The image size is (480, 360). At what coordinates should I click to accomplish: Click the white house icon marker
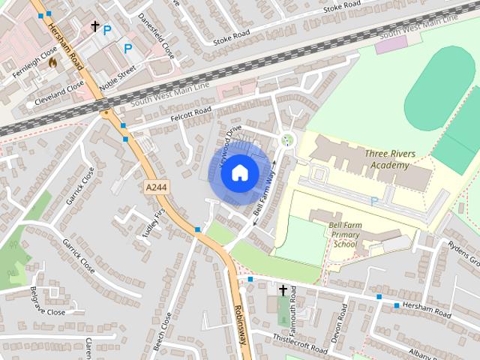click(x=238, y=173)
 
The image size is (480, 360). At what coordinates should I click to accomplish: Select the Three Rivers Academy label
click(x=388, y=159)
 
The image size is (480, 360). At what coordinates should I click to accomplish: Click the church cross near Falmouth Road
click(x=283, y=290)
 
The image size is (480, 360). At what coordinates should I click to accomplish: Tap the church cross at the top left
click(x=95, y=26)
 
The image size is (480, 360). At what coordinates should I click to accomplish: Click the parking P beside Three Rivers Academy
click(x=373, y=201)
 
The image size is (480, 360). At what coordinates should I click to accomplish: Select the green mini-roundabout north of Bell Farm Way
click(x=286, y=139)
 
